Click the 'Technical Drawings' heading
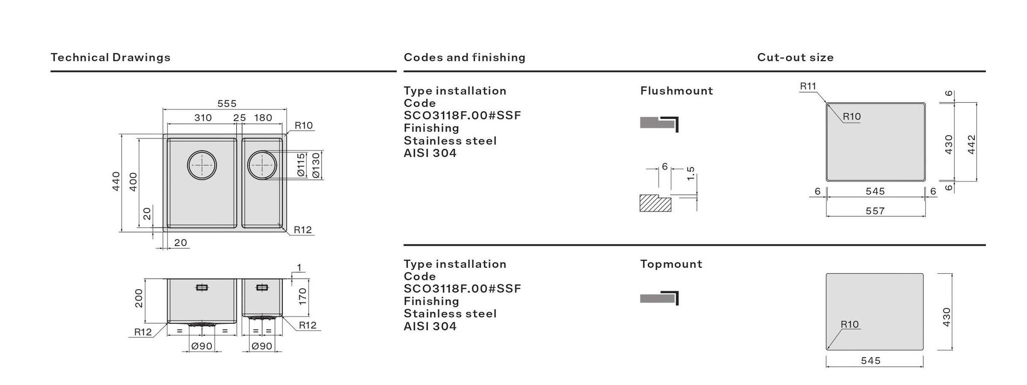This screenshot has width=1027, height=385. click(x=110, y=57)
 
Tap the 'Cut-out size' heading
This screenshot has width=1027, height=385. click(x=795, y=57)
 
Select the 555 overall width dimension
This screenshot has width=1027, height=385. click(x=227, y=103)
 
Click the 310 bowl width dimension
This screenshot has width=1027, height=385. click(x=203, y=118)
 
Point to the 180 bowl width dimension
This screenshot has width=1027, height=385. click(x=263, y=118)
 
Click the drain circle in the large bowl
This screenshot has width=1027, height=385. click(x=202, y=164)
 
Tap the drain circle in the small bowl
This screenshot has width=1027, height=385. click(x=262, y=164)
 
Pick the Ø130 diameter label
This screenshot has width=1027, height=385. click(x=315, y=165)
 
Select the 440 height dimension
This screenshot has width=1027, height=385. click(x=116, y=181)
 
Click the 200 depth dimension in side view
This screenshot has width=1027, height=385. click(x=139, y=298)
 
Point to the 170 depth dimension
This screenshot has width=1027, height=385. click(x=302, y=296)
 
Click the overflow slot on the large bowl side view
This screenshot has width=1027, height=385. click(x=202, y=287)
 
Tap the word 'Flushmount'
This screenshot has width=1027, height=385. click(x=676, y=91)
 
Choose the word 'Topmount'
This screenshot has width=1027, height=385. click(x=671, y=264)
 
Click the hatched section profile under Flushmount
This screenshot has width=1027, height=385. click(x=655, y=203)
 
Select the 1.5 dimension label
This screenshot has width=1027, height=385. click(x=691, y=173)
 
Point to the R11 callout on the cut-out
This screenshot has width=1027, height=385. click(x=807, y=86)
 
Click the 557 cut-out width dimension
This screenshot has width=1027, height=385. click(x=875, y=211)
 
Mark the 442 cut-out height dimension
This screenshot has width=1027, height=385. click(x=971, y=144)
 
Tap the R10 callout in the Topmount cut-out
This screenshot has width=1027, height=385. click(x=849, y=324)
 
